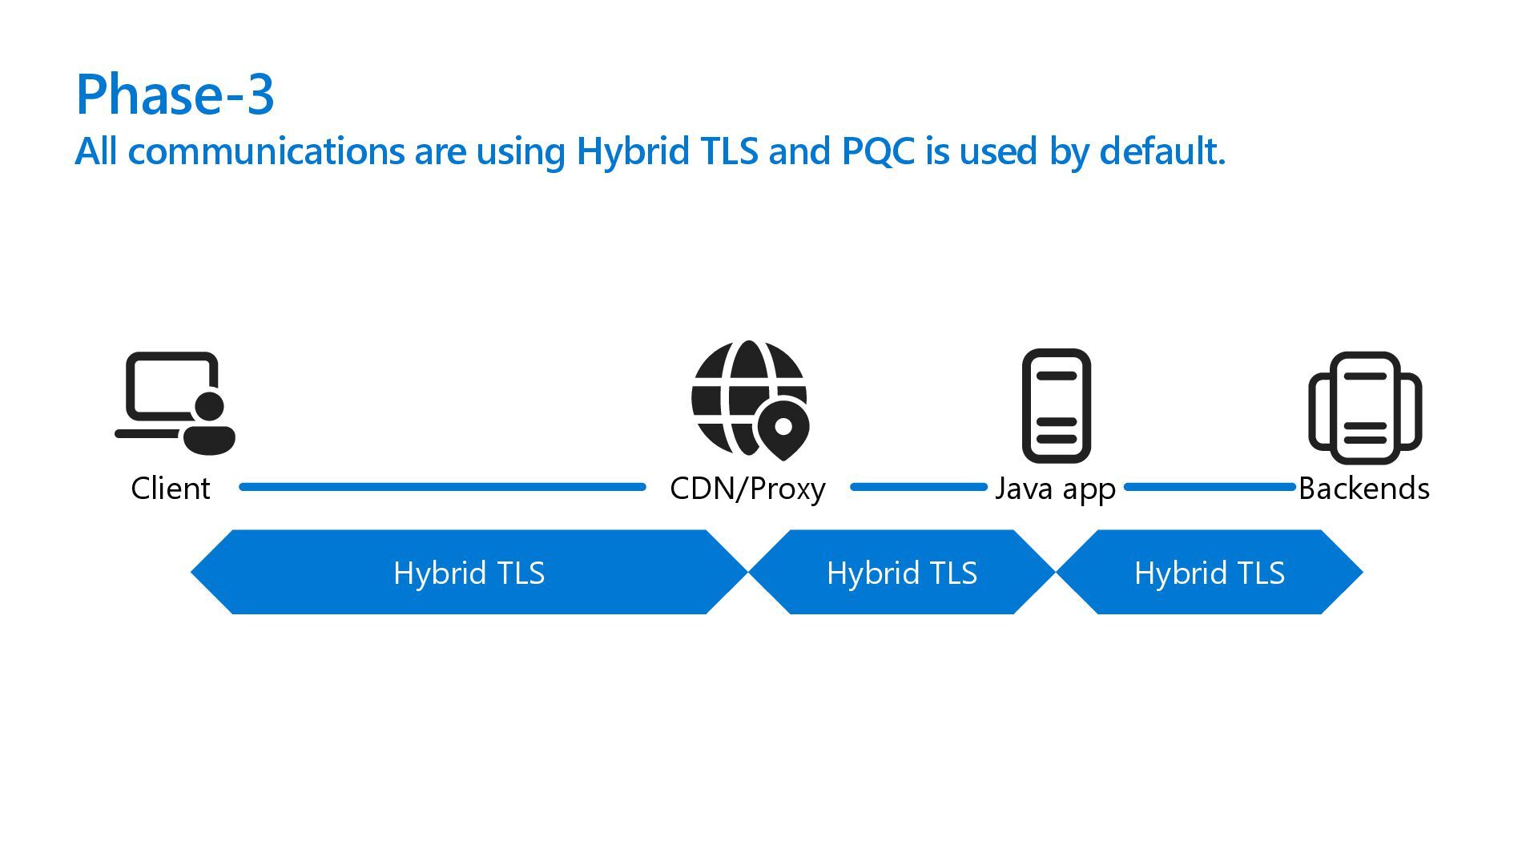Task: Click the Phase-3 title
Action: click(x=175, y=95)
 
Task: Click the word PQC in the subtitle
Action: click(x=877, y=151)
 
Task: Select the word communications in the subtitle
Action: click(x=266, y=151)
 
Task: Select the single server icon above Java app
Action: click(x=1056, y=405)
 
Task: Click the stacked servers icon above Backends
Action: click(x=1364, y=408)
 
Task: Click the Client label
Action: click(x=171, y=488)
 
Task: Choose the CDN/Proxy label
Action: click(x=747, y=488)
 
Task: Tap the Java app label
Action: click(x=1055, y=488)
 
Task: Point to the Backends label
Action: click(x=1364, y=488)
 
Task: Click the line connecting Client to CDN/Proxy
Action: click(x=442, y=487)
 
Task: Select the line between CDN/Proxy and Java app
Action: click(x=918, y=487)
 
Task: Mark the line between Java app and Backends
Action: click(x=1210, y=487)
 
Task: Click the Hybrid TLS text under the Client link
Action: click(x=469, y=573)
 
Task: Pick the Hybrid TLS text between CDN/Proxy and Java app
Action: click(x=902, y=573)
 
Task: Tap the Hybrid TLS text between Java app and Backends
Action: click(x=1210, y=573)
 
